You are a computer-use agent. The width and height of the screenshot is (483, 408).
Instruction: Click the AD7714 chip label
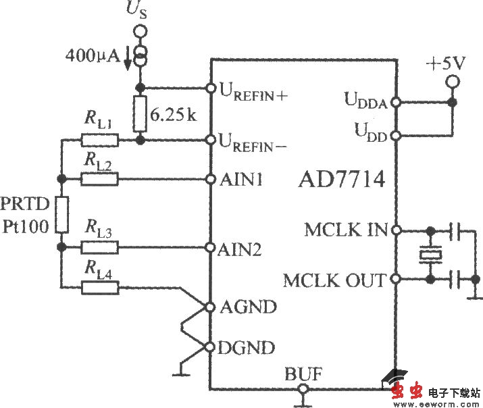pyautogui.click(x=342, y=180)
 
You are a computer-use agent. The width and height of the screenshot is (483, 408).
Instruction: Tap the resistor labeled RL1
pyautogui.click(x=100, y=141)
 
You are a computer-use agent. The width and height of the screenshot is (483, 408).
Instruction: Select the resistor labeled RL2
pyautogui.click(x=100, y=179)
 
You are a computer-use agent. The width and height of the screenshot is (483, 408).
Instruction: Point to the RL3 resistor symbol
pyautogui.click(x=100, y=247)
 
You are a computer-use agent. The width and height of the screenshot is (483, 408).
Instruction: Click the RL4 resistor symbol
pyautogui.click(x=100, y=288)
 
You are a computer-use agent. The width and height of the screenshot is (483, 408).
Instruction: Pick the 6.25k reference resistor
pyautogui.click(x=141, y=114)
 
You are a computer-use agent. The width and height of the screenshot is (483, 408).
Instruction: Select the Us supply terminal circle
pyautogui.click(x=140, y=31)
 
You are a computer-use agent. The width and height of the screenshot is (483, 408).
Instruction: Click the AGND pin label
pyautogui.click(x=249, y=307)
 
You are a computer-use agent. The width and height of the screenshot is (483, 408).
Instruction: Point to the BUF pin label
pyautogui.click(x=303, y=373)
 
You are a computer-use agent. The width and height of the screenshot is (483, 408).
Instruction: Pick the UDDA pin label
pyautogui.click(x=365, y=102)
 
